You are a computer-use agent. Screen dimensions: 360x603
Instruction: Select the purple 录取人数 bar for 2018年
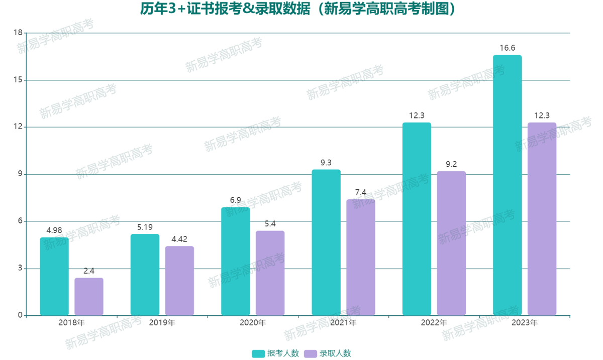(x=89, y=297)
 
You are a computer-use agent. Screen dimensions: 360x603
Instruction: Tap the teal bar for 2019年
(x=145, y=275)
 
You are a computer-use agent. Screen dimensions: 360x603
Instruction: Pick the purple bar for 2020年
(x=270, y=273)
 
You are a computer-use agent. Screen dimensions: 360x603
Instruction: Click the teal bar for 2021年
(x=326, y=243)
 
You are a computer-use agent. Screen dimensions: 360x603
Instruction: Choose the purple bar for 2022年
(x=451, y=244)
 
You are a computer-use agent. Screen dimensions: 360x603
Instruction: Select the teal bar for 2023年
(x=507, y=185)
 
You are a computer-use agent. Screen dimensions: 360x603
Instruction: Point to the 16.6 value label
(x=507, y=48)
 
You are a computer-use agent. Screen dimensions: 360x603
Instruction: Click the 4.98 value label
(x=54, y=230)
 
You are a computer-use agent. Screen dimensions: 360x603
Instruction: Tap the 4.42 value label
(x=179, y=239)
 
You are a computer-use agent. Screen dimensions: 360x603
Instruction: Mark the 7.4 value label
(x=361, y=193)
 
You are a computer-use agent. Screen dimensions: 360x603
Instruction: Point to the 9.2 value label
(x=451, y=164)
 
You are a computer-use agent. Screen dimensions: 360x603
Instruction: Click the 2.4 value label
(x=89, y=271)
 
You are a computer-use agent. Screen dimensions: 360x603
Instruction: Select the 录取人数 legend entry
(x=329, y=353)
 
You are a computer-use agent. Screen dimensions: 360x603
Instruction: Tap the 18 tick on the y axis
(x=18, y=33)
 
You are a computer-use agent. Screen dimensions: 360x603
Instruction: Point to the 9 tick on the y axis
(x=20, y=174)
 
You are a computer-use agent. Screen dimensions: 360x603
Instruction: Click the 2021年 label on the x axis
(x=343, y=322)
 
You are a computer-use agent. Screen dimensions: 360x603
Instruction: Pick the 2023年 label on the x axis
(x=525, y=322)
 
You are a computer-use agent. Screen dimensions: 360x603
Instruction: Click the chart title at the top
(x=301, y=9)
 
